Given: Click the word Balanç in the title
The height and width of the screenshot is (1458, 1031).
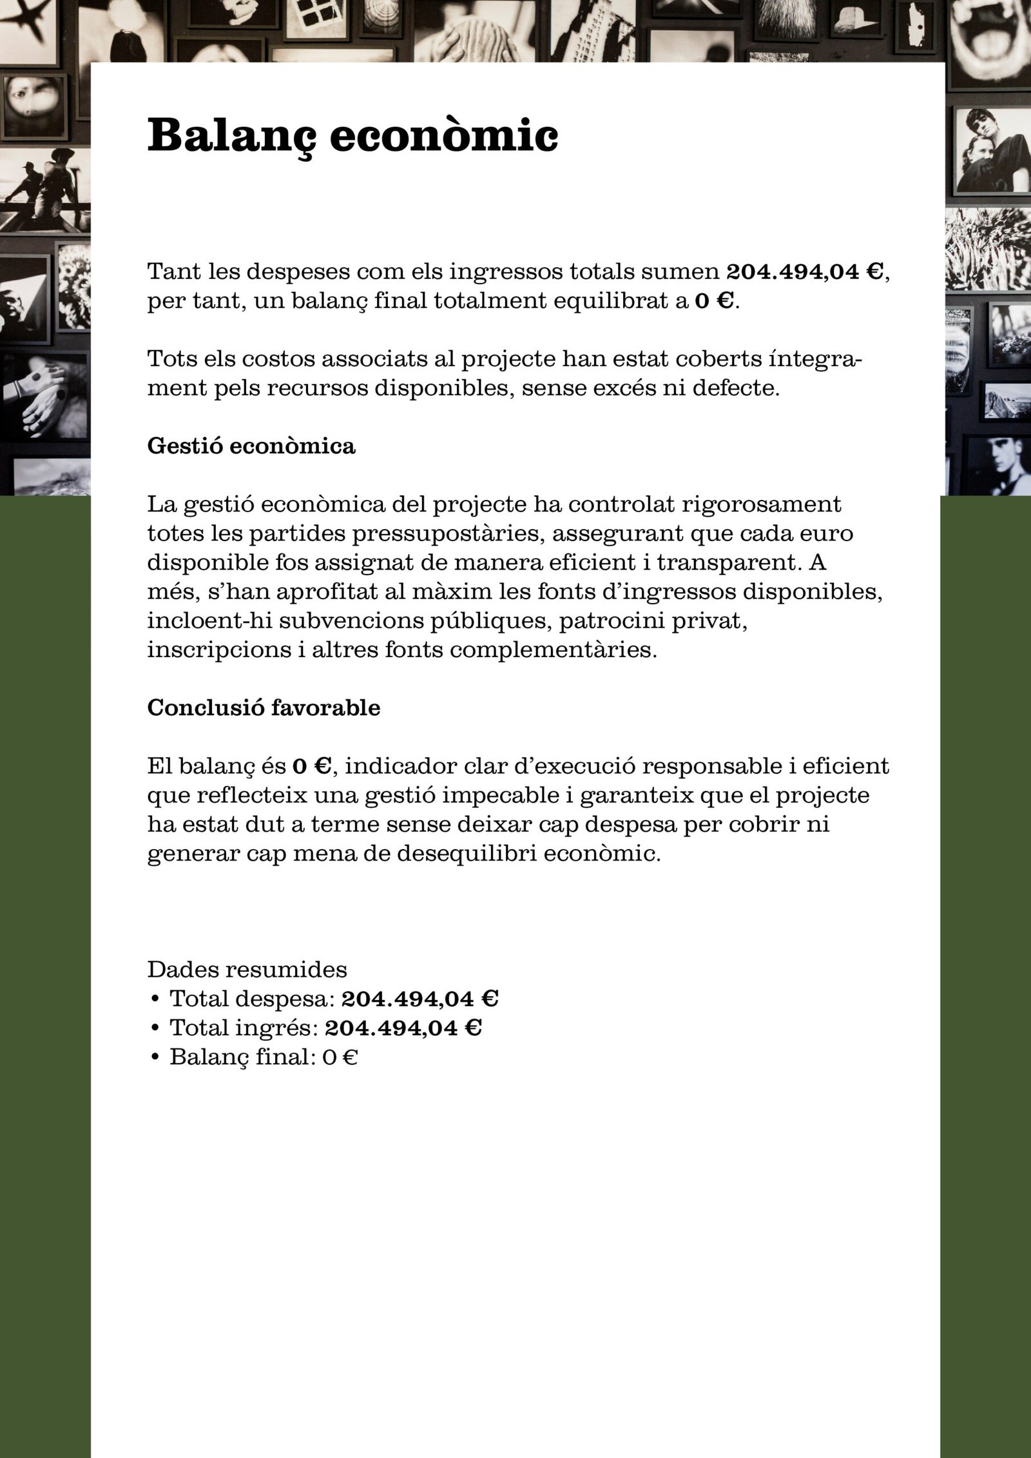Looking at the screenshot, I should click(233, 135).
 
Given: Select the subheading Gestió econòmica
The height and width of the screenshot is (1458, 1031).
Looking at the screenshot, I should click(251, 446).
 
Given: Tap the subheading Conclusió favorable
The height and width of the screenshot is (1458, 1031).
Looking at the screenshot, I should click(264, 707).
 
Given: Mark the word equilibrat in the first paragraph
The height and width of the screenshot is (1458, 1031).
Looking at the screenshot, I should click(608, 302).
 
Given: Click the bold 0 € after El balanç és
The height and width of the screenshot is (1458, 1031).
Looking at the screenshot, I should click(312, 767).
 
